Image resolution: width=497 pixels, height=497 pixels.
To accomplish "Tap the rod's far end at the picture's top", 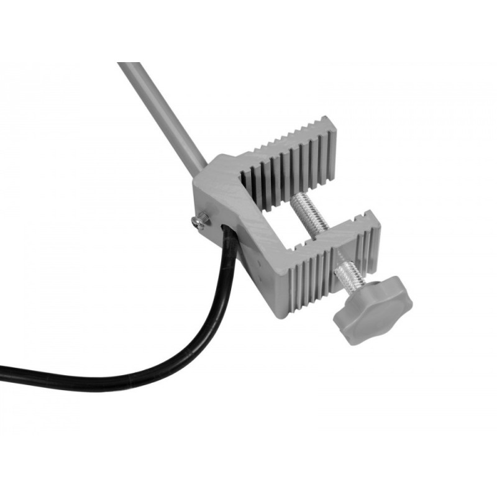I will tap(127, 65).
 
